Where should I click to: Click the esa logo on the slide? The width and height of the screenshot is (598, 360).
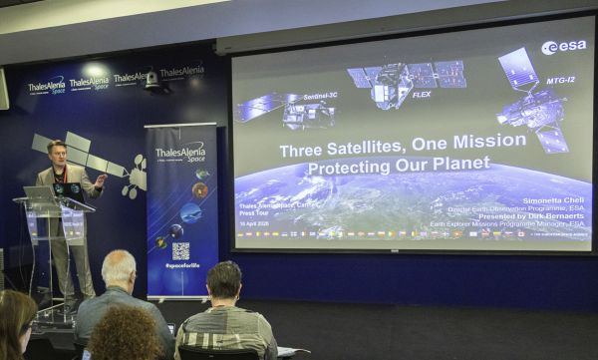[564, 47]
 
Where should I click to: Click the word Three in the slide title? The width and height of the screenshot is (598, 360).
[303, 151]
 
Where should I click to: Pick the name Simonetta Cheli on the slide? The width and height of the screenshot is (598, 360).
[550, 200]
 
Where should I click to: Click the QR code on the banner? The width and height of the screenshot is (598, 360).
[179, 250]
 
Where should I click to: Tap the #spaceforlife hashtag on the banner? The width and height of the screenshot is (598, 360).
[180, 268]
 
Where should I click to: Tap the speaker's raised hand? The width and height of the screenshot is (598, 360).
[101, 180]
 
